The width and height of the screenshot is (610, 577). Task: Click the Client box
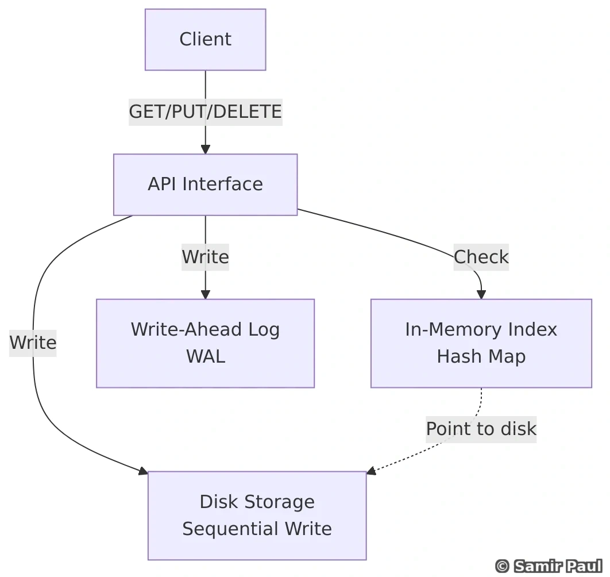(x=205, y=40)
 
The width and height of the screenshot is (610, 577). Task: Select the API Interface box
(x=205, y=184)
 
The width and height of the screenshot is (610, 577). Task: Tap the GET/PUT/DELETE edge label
(x=205, y=111)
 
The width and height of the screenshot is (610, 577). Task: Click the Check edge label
(x=481, y=257)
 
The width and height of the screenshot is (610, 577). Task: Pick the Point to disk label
(x=481, y=429)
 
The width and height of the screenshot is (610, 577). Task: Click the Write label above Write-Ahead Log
(x=205, y=257)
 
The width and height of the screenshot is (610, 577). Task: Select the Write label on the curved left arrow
(x=33, y=343)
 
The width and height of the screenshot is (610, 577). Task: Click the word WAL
(x=205, y=356)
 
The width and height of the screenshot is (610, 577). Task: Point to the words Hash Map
(x=481, y=356)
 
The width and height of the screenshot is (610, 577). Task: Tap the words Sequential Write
(x=257, y=529)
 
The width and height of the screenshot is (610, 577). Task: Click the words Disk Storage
(x=257, y=502)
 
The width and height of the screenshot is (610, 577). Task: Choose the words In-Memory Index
(x=481, y=329)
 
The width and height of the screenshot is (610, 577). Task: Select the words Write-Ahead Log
(x=205, y=329)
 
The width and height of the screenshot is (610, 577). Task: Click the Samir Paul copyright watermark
(x=549, y=566)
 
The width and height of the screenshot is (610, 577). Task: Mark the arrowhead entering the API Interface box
(x=205, y=149)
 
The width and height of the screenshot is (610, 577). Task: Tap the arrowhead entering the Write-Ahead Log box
(x=205, y=294)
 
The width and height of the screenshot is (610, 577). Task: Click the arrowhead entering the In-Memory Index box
(x=481, y=294)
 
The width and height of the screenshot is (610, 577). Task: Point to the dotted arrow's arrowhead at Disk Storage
(x=371, y=471)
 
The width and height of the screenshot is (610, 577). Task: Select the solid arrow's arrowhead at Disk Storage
(x=143, y=471)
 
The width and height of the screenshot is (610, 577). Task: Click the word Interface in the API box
(x=222, y=184)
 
